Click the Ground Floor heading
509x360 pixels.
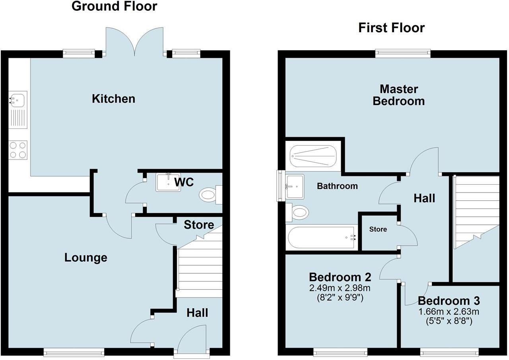114,6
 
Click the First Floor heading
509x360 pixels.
391,28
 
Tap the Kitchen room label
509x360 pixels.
113,99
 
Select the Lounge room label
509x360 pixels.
85,258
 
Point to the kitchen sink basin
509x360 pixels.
18,100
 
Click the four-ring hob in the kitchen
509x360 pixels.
18,150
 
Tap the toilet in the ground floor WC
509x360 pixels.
210,195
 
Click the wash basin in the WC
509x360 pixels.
168,182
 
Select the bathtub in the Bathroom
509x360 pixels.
322,237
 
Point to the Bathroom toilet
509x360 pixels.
297,212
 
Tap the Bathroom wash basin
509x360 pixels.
295,186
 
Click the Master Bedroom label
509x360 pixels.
399,95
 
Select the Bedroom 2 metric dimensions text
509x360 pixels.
340,288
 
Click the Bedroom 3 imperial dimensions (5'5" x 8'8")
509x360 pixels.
449,321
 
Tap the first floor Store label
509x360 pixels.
378,229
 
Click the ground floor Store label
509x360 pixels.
199,225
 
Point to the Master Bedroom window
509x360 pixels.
403,54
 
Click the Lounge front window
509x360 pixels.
74,352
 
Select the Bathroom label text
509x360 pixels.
337,186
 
